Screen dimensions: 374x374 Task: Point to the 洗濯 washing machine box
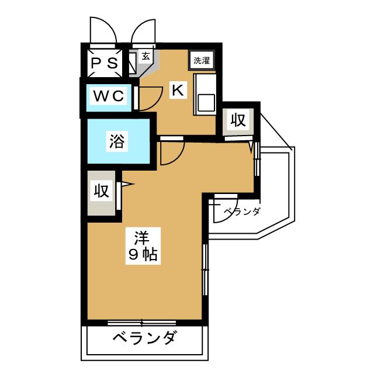tap(202, 60)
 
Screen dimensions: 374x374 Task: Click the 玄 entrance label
tap(144, 57)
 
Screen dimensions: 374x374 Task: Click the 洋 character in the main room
tap(141, 238)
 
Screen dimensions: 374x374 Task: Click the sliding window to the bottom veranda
tap(142, 323)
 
